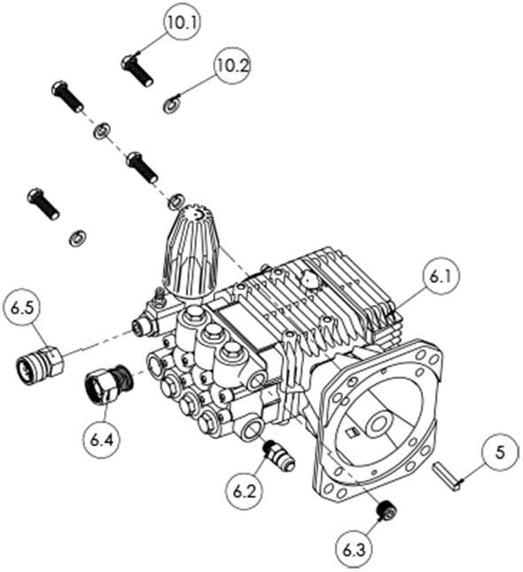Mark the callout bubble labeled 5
tap(501, 453)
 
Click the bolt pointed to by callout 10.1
tap(136, 67)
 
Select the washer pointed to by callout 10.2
tap(170, 107)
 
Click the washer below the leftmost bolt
tap(77, 237)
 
